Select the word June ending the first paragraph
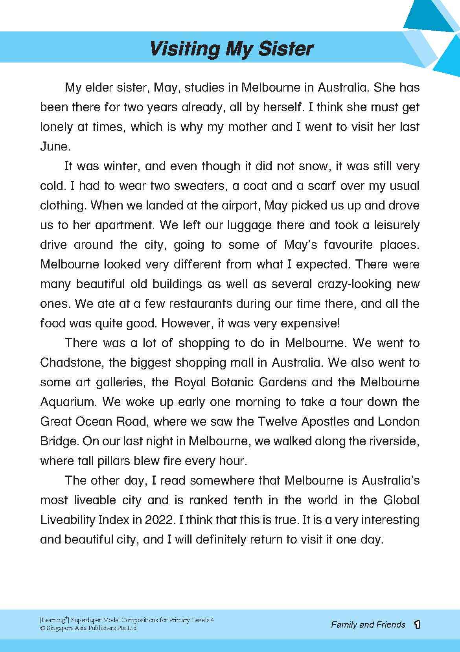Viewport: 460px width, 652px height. tap(55, 147)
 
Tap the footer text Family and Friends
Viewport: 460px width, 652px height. tap(368, 624)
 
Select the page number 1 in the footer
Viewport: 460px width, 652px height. tap(417, 624)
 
